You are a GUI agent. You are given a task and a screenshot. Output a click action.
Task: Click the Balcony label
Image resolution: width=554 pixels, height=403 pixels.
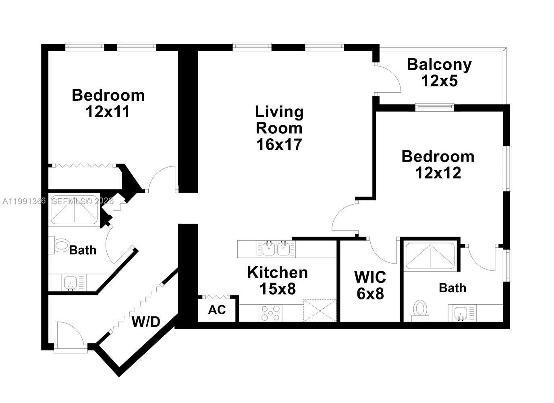pos(439,64)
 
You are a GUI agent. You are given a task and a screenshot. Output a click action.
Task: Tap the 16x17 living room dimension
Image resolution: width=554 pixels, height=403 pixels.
pos(279,144)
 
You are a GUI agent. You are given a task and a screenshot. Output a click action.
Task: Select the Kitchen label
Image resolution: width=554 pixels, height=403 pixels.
pos(277,272)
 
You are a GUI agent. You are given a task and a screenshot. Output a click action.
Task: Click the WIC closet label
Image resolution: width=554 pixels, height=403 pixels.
pos(370,277)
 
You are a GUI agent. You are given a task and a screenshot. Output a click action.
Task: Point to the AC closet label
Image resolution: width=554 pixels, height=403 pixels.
pos(217,310)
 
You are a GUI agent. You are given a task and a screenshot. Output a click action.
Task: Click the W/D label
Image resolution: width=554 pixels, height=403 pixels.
pos(146,322)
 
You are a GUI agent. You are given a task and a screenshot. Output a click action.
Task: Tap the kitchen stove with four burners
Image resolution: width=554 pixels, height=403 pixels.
pos(271,313)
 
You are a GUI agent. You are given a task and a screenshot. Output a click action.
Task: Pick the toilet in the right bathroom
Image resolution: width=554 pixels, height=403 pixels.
pos(420,310)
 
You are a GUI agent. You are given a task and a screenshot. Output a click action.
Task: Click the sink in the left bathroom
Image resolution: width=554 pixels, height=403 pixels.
pos(71,282)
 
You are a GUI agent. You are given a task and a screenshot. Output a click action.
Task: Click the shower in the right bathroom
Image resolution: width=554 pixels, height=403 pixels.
pos(430,256)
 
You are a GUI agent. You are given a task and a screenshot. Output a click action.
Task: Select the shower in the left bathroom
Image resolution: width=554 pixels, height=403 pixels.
pos(74,210)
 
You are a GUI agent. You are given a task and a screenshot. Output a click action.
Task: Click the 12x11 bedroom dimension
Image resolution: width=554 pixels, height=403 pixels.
pos(108,112)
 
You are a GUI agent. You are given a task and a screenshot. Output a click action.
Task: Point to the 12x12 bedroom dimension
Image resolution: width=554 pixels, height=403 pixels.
pos(438,173)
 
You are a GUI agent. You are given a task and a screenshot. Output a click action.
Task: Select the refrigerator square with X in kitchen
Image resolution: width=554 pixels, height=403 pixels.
pos(320,310)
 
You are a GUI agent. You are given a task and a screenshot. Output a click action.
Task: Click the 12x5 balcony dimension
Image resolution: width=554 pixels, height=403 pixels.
pos(439,81)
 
